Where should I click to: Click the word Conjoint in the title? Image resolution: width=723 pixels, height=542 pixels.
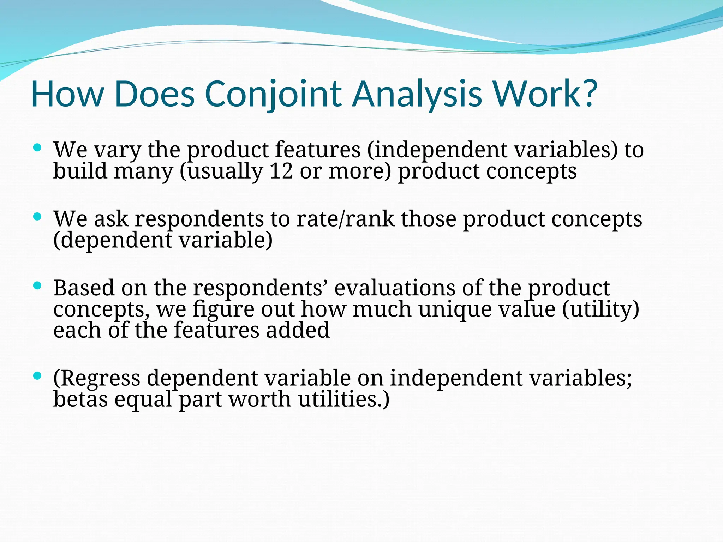[273, 94]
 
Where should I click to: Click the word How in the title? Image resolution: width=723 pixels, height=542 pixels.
[67, 94]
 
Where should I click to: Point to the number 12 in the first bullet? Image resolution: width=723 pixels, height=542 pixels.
[281, 171]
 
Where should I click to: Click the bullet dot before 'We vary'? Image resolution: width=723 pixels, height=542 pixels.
[37, 147]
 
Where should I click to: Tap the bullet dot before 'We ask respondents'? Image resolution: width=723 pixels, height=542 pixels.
[37, 216]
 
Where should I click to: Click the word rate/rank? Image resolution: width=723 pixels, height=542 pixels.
[345, 219]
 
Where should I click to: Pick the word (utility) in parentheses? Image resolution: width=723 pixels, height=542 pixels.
[600, 309]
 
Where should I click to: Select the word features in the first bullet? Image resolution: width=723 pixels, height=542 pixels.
[318, 150]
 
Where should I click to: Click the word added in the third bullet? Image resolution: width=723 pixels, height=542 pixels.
[298, 330]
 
